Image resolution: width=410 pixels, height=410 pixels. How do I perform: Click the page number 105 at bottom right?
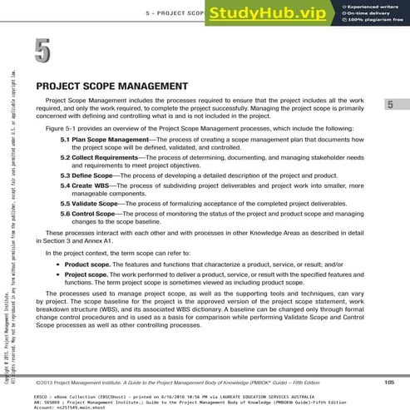pos(388,382)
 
